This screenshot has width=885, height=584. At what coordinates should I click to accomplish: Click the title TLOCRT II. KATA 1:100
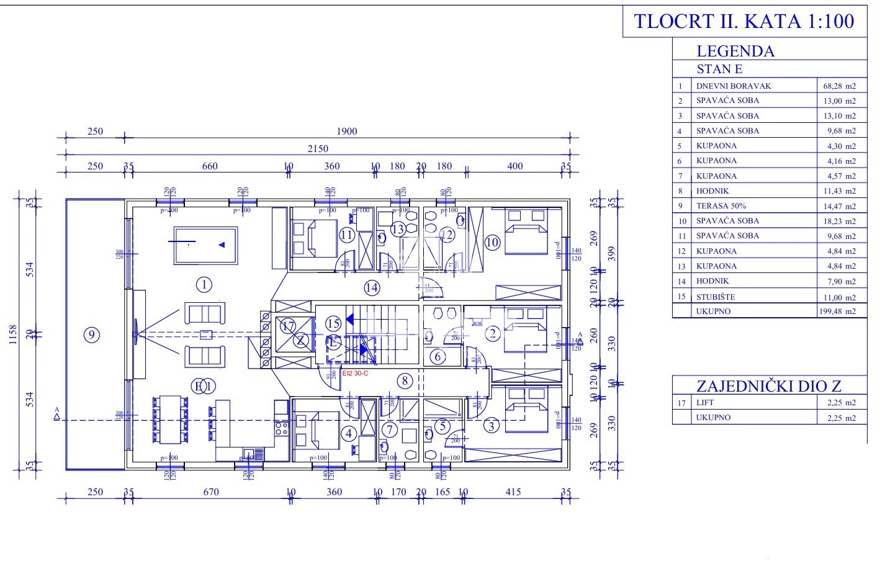point(743,21)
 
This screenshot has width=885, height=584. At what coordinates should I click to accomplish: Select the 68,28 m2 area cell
point(840,86)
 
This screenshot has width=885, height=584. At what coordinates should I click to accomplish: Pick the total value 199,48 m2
point(840,312)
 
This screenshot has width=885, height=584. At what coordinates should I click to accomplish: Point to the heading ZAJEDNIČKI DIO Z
point(769,385)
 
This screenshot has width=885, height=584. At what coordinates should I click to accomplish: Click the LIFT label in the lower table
point(706,403)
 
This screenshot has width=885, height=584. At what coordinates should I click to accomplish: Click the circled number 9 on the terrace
point(92,335)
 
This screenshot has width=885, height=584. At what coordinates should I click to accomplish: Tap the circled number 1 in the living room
point(204,285)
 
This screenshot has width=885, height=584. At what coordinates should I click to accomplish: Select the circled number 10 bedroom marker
point(492,242)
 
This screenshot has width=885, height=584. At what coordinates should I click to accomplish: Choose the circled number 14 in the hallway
point(372,287)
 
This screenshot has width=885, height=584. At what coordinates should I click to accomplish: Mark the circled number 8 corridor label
point(405,380)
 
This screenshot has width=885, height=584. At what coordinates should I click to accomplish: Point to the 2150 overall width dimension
point(317,149)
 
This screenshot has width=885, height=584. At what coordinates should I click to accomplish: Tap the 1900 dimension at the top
point(347,132)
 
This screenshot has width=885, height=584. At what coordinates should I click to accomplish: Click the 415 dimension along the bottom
point(513,492)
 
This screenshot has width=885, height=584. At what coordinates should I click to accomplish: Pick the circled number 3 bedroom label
point(492,426)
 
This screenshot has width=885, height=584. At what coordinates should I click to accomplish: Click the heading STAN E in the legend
point(719,69)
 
